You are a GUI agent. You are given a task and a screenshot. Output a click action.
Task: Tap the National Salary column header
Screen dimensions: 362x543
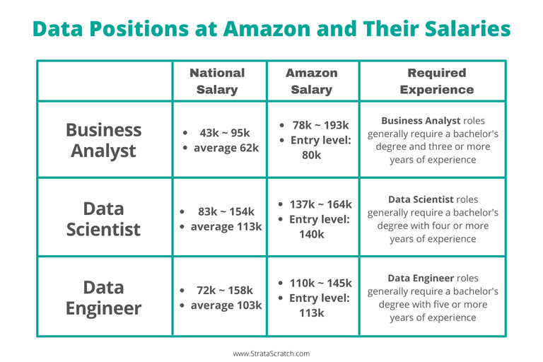coord(217,81)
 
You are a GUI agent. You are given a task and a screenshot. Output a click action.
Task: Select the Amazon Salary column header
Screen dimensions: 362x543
coord(311,81)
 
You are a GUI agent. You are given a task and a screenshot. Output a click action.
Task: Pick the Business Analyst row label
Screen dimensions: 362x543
coord(104,140)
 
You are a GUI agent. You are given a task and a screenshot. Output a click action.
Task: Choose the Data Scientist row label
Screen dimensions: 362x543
coord(103,218)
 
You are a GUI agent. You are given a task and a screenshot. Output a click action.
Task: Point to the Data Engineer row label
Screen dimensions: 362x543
coord(103,298)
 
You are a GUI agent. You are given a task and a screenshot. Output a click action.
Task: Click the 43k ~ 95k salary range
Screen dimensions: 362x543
coord(226,132)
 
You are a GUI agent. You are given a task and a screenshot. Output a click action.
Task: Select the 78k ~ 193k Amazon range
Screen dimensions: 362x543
coord(320,124)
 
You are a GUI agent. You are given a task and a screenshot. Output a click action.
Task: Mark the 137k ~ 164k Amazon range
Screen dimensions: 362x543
coord(320,204)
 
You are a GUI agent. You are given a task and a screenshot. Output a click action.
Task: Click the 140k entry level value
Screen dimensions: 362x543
coord(311,234)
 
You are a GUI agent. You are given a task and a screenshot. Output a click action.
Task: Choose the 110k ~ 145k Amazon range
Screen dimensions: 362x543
coord(320,283)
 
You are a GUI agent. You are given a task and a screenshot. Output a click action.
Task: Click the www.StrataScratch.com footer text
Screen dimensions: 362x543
coord(271,353)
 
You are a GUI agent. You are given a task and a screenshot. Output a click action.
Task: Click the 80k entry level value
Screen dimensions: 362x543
coord(311,154)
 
